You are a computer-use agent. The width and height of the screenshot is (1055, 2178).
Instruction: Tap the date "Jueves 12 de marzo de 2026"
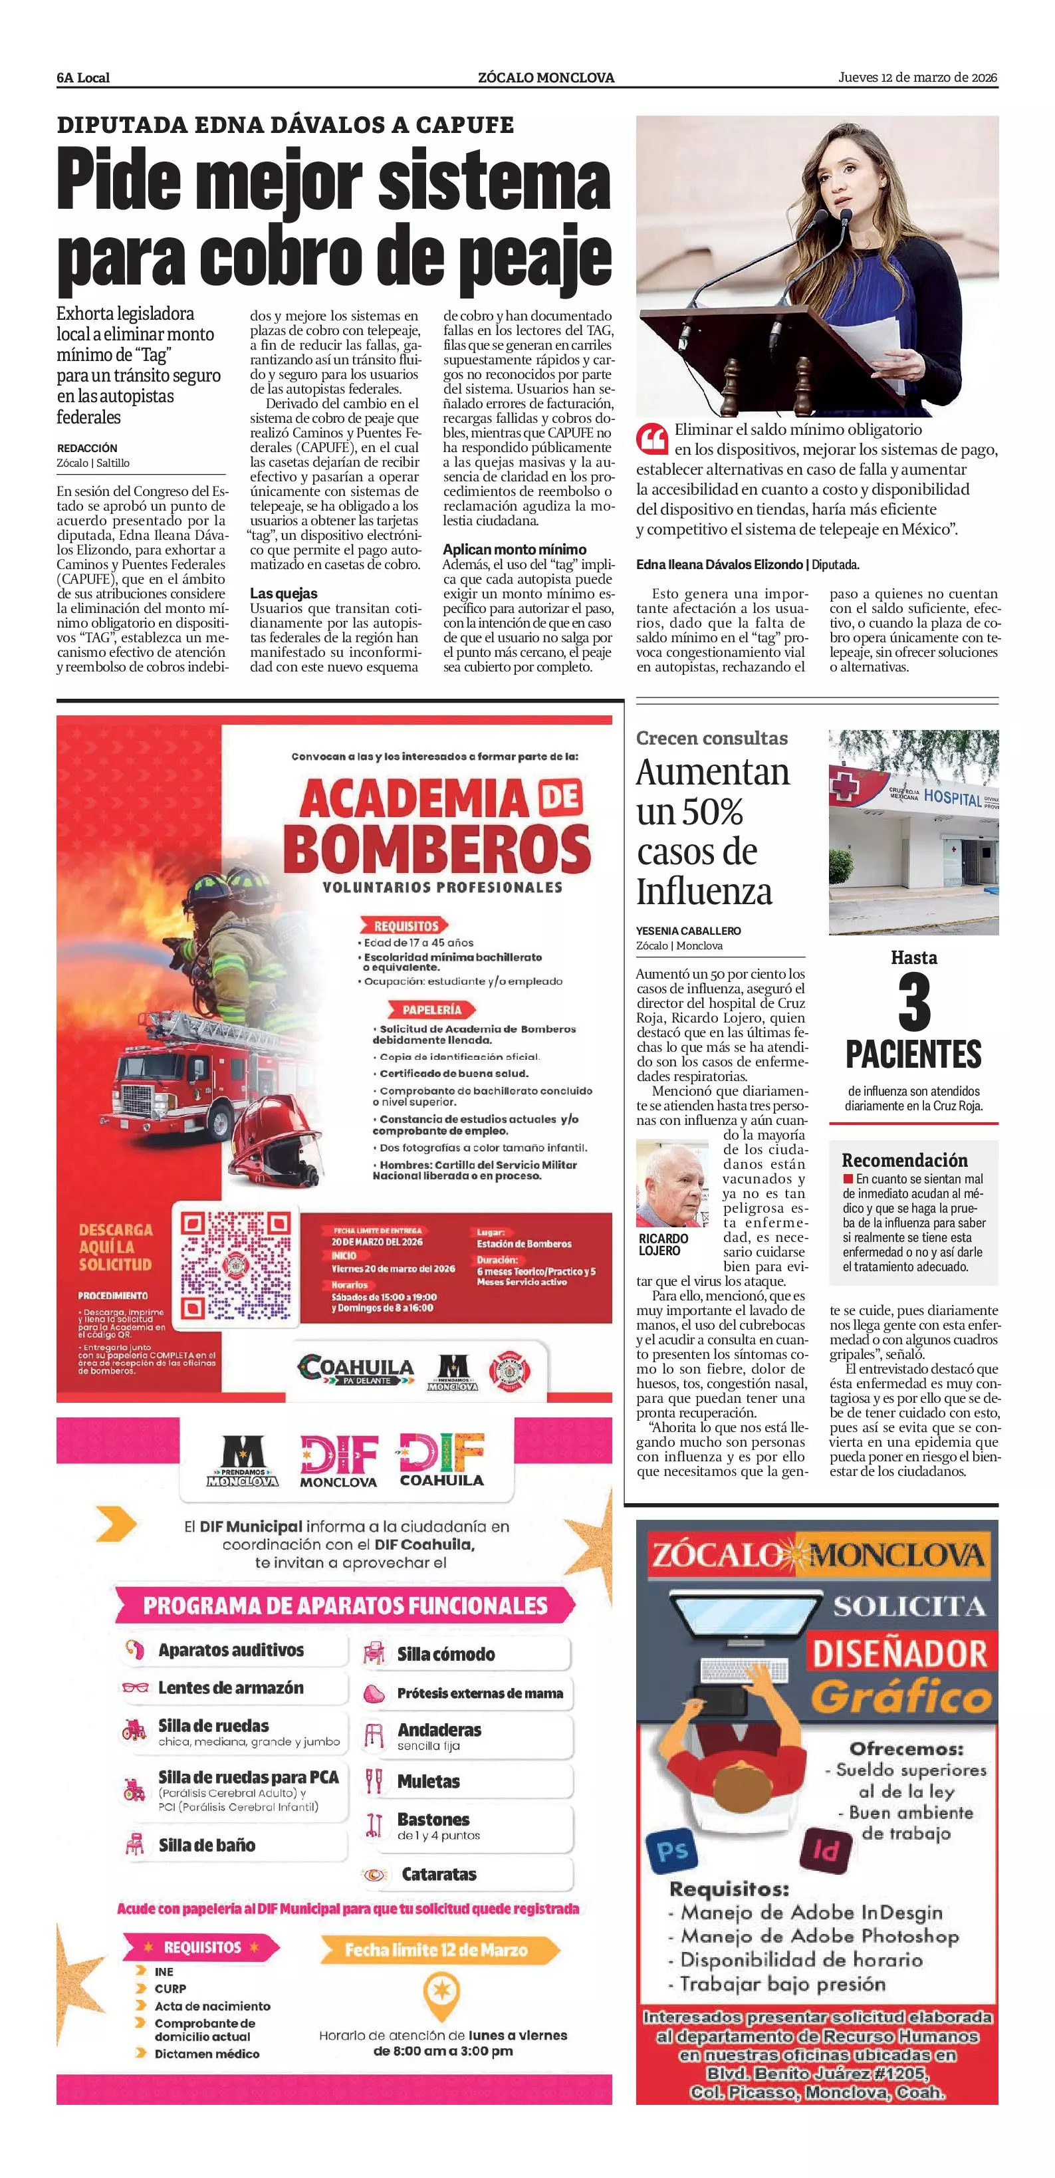point(917,78)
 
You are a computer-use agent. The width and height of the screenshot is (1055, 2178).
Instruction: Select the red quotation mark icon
point(651,439)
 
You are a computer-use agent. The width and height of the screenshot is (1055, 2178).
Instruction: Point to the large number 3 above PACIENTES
point(914,1003)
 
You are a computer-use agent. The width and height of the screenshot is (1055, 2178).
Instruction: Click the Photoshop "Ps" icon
point(672,1850)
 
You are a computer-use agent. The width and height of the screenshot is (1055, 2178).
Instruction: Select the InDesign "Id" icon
point(824,1851)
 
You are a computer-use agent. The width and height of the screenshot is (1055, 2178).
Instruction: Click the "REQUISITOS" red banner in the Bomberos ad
point(406,926)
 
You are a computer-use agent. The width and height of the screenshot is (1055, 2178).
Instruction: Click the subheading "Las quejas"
point(284,594)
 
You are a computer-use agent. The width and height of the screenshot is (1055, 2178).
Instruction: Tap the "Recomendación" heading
point(905,1160)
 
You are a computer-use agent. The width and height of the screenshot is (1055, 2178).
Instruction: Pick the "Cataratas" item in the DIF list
point(439,1874)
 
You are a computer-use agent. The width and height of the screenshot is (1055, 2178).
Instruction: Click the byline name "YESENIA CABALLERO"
point(688,931)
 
